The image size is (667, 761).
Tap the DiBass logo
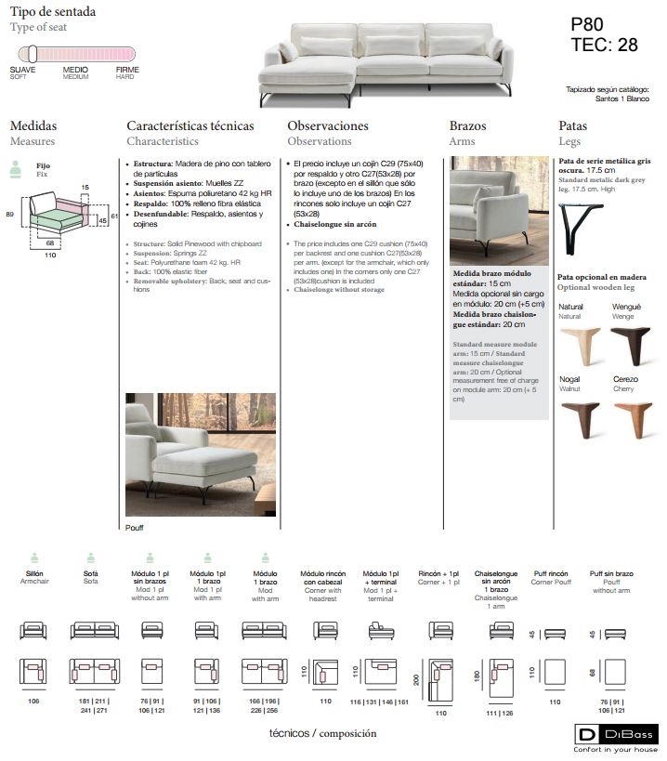tap(615, 735)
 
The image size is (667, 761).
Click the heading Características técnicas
tap(190, 125)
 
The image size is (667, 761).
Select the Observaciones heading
tap(328, 125)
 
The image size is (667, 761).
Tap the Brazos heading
tap(467, 125)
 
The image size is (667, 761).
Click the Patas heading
tap(572, 125)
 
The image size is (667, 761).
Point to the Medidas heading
tap(33, 125)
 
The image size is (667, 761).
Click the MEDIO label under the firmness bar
tap(75, 70)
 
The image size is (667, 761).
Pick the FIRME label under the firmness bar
tap(126, 70)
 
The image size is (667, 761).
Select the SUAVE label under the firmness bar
tap(23, 70)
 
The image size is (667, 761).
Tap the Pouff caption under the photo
tap(136, 527)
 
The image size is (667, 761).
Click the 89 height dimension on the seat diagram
tap(9, 214)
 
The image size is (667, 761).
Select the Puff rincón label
tap(551, 573)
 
